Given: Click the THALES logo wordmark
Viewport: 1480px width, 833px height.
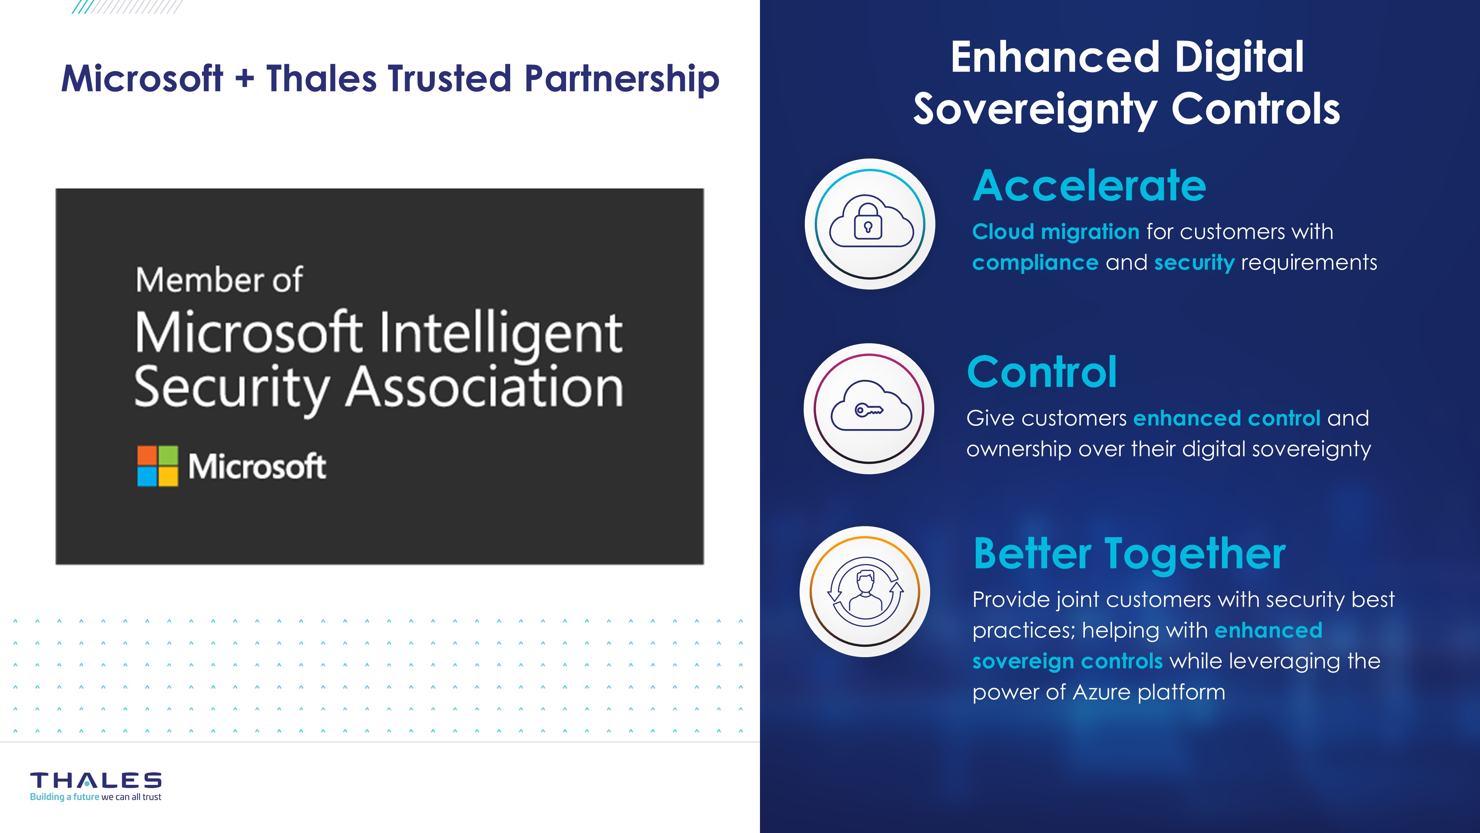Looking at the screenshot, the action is click(x=96, y=780).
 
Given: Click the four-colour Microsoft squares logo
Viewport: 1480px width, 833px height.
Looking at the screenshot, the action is click(x=157, y=466).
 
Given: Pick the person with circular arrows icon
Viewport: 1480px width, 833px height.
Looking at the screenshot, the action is click(x=865, y=592).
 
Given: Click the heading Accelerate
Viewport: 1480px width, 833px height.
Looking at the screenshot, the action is click(x=1089, y=186).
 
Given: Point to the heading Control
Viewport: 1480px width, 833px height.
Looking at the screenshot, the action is click(x=1042, y=372).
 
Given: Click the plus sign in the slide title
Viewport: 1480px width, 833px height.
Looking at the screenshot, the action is click(x=244, y=79).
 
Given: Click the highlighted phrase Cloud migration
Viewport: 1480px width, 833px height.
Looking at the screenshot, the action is click(x=1055, y=232).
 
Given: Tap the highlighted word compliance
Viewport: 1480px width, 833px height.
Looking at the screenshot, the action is click(x=1035, y=263).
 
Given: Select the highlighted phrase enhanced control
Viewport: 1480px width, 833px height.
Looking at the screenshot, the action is click(x=1227, y=418).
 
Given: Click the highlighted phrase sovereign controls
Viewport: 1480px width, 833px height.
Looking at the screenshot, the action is click(x=1067, y=662).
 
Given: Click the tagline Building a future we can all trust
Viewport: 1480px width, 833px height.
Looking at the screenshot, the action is click(x=95, y=797).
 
